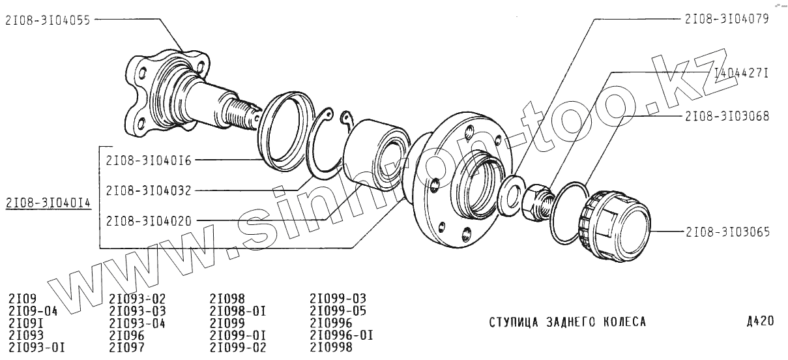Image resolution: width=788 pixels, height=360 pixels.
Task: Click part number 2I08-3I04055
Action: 48,20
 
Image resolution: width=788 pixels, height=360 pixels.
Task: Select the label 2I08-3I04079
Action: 727,19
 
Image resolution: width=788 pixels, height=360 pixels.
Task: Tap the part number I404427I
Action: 741,73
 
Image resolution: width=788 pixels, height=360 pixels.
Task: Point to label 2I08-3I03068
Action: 727,116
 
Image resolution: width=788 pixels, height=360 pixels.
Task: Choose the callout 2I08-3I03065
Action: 727,232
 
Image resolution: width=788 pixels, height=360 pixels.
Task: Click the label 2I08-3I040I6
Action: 149,160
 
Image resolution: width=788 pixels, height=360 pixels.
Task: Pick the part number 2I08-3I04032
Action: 149,190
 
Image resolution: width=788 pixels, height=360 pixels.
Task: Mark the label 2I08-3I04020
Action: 149,221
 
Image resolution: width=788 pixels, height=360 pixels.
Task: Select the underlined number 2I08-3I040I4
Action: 48,203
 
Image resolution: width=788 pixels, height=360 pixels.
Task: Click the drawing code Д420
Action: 760,321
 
